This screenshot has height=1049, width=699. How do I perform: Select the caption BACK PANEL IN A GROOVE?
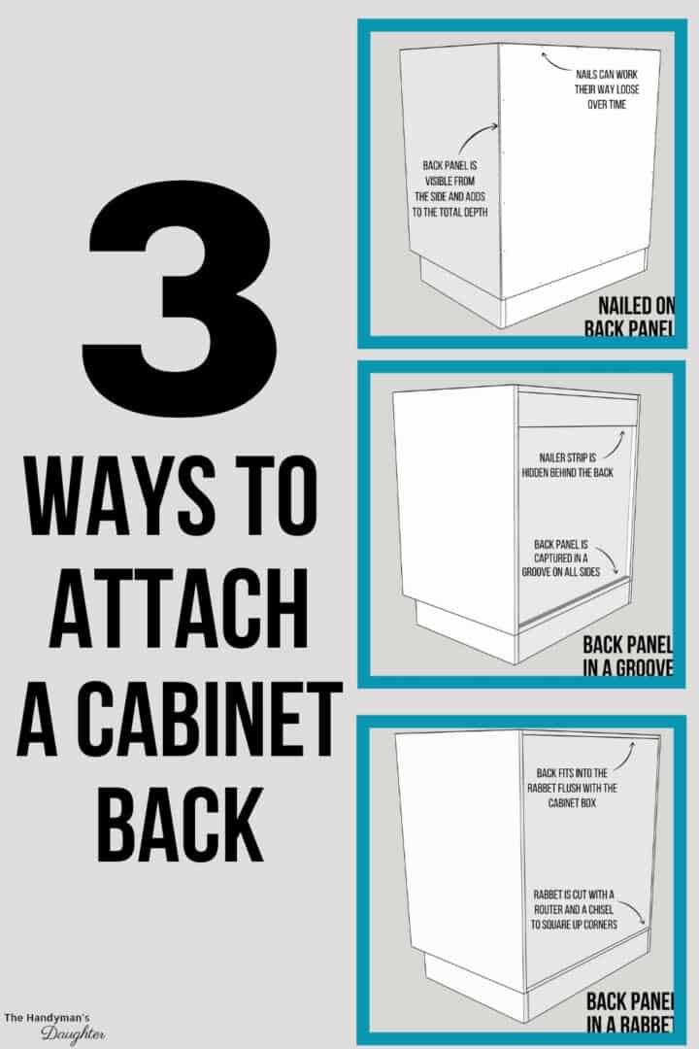pos(626,657)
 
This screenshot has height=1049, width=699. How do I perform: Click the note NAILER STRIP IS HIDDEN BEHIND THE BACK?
pos(571,464)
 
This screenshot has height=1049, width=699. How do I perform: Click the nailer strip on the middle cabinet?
pos(577,411)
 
